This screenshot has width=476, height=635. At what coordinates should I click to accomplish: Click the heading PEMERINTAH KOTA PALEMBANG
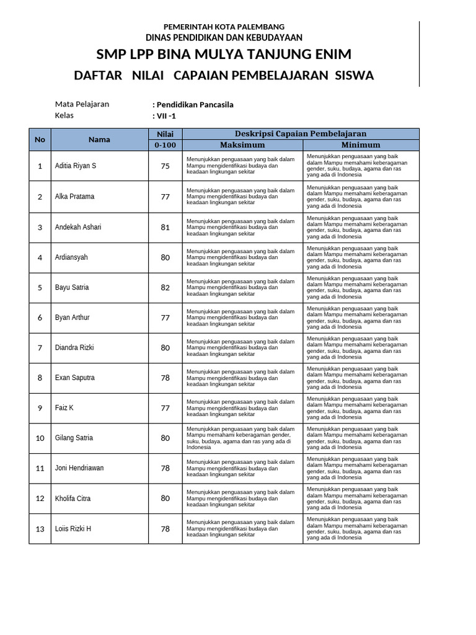(x=224, y=27)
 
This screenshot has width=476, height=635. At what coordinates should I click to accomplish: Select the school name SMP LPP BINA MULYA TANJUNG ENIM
(x=224, y=54)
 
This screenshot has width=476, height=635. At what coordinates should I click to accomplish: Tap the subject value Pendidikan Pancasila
(x=193, y=105)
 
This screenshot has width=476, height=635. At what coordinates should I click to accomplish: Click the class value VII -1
(x=164, y=116)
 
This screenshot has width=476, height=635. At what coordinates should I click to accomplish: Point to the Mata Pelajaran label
(x=82, y=104)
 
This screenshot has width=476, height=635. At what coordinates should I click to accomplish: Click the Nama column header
(x=99, y=140)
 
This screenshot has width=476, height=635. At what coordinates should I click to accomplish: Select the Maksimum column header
(x=242, y=145)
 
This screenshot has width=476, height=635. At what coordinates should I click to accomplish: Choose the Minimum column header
(x=361, y=145)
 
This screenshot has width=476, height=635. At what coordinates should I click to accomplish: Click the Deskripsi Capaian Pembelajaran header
(x=301, y=133)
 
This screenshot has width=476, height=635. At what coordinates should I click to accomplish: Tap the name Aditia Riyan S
(x=76, y=166)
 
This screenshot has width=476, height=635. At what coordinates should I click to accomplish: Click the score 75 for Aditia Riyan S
(x=165, y=166)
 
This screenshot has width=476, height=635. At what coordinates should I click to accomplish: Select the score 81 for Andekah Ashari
(x=165, y=227)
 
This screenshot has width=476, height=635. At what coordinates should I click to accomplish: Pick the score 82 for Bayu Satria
(x=165, y=288)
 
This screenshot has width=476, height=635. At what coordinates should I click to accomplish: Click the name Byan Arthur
(x=73, y=317)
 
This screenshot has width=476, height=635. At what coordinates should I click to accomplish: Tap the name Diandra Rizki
(x=74, y=348)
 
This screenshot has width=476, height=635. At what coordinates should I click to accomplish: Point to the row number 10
(x=40, y=438)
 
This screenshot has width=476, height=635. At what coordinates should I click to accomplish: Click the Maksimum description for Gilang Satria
(x=242, y=438)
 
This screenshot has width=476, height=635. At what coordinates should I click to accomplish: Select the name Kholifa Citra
(x=73, y=499)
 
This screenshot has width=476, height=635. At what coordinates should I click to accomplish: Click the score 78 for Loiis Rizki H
(x=165, y=529)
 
